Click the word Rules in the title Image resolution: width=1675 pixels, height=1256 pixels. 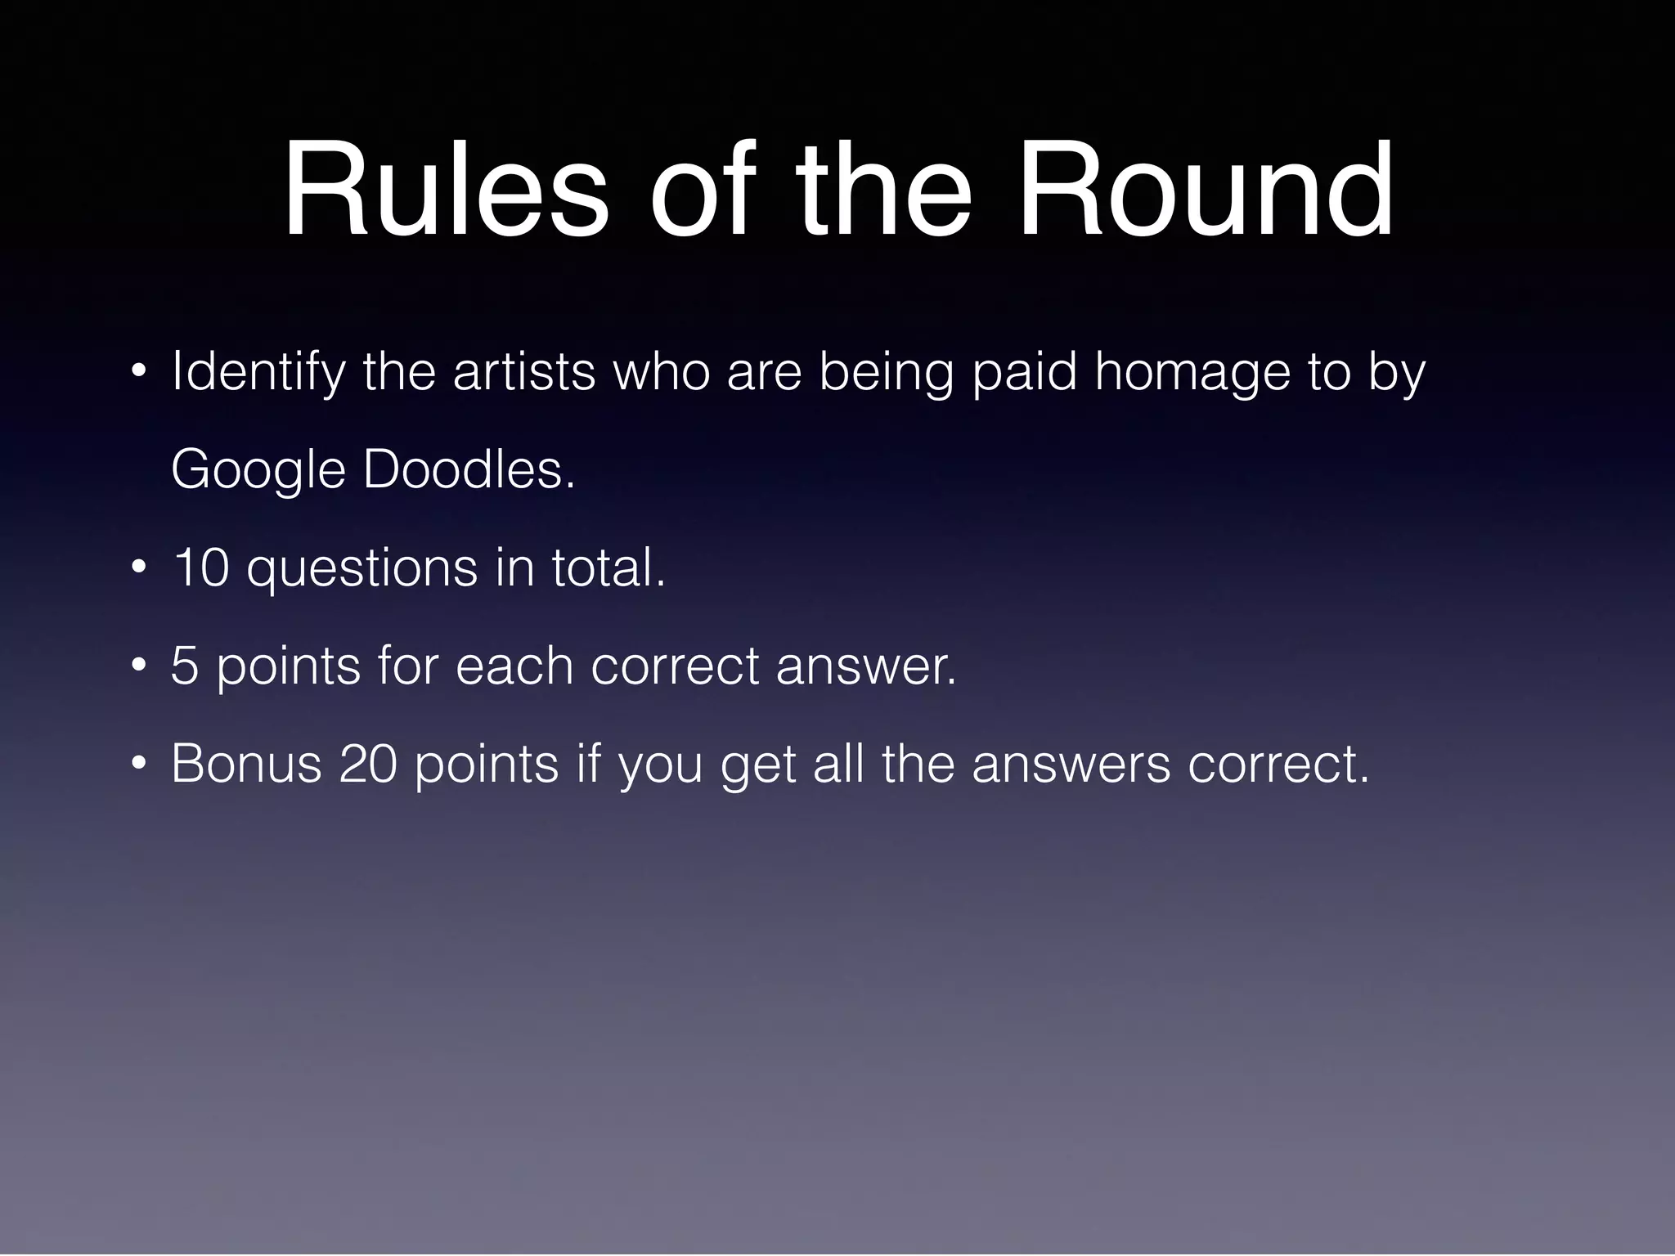[446, 190]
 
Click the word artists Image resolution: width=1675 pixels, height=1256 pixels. [524, 371]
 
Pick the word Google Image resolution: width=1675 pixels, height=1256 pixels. [258, 470]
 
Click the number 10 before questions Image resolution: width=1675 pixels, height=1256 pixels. [200, 567]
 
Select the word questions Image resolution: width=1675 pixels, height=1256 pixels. [362, 569]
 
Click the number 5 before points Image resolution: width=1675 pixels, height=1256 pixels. [185, 666]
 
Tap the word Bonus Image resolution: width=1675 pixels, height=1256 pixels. [246, 764]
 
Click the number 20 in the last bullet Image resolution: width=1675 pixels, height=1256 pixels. [368, 764]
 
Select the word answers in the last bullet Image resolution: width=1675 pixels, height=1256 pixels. [1071, 765]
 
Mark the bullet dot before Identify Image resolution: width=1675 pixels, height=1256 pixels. [140, 373]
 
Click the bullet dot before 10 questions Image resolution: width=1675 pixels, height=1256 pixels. [140, 567]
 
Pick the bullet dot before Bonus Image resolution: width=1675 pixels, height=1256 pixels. [140, 764]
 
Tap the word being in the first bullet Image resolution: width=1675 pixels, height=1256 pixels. [887, 373]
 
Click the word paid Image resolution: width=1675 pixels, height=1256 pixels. [1024, 373]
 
